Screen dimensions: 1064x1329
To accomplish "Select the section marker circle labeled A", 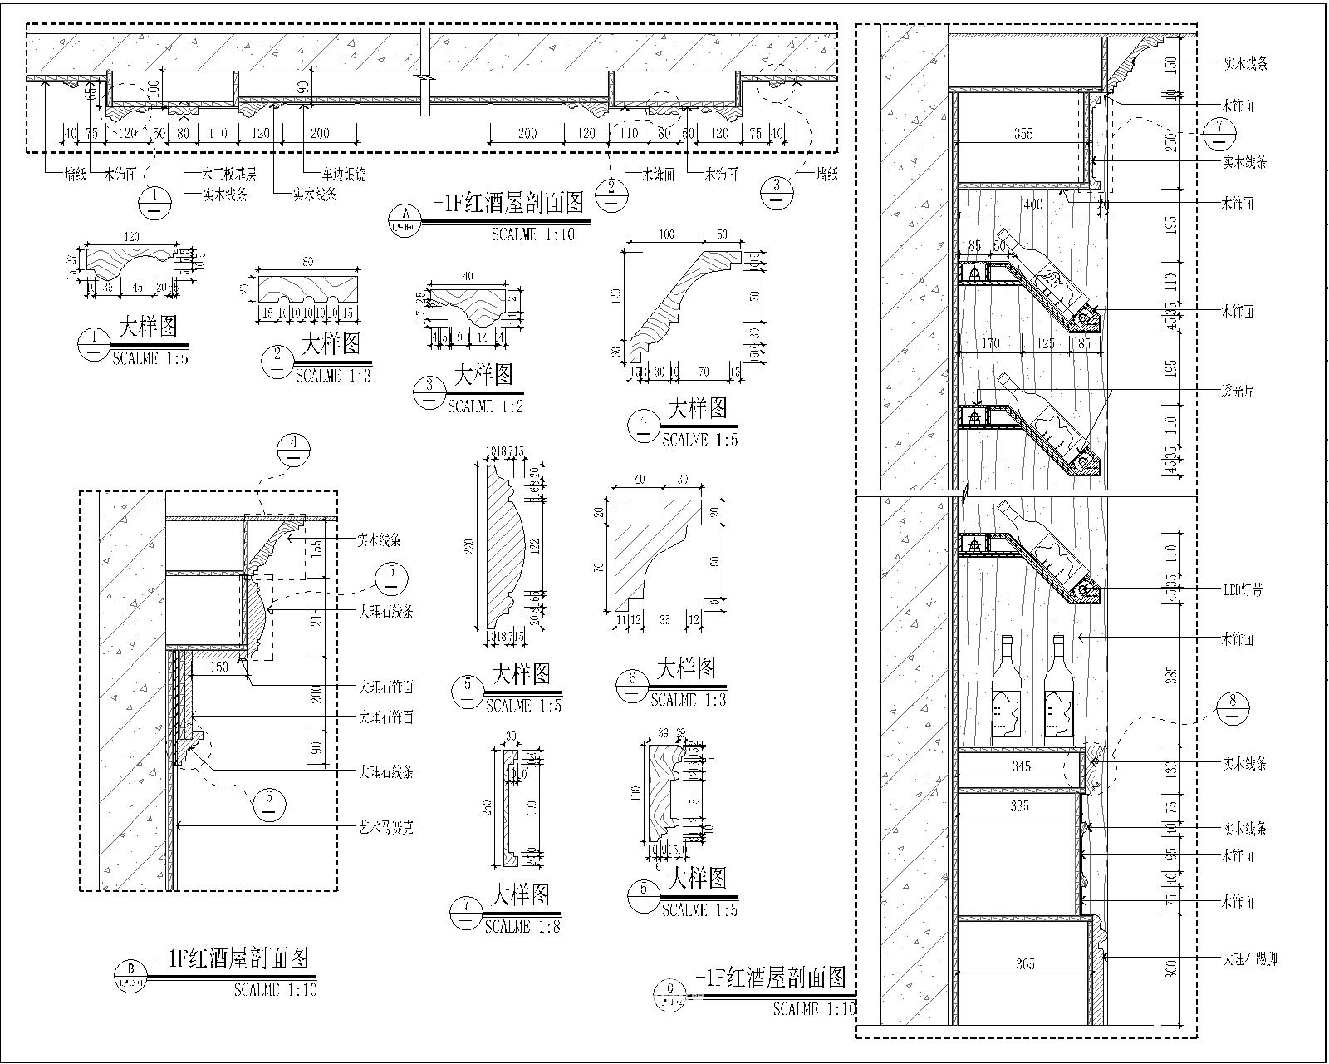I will pos(406,218).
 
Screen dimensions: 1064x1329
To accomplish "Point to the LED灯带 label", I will pos(1243,589).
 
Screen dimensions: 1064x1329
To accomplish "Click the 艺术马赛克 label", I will pos(386,827).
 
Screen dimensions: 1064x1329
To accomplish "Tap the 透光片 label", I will pos(1238,391).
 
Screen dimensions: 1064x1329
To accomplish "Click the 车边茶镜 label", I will pos(344,175).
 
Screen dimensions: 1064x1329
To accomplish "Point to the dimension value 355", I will pos(1023,133).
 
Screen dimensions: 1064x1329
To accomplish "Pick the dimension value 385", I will pos(1171,675).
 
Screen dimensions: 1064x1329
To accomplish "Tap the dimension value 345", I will pos(1021,766).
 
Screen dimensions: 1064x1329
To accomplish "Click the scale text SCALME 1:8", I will pos(522,926).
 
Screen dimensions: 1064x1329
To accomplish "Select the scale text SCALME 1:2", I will pos(485,406).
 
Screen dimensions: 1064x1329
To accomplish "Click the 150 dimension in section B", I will pos(218,667).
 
